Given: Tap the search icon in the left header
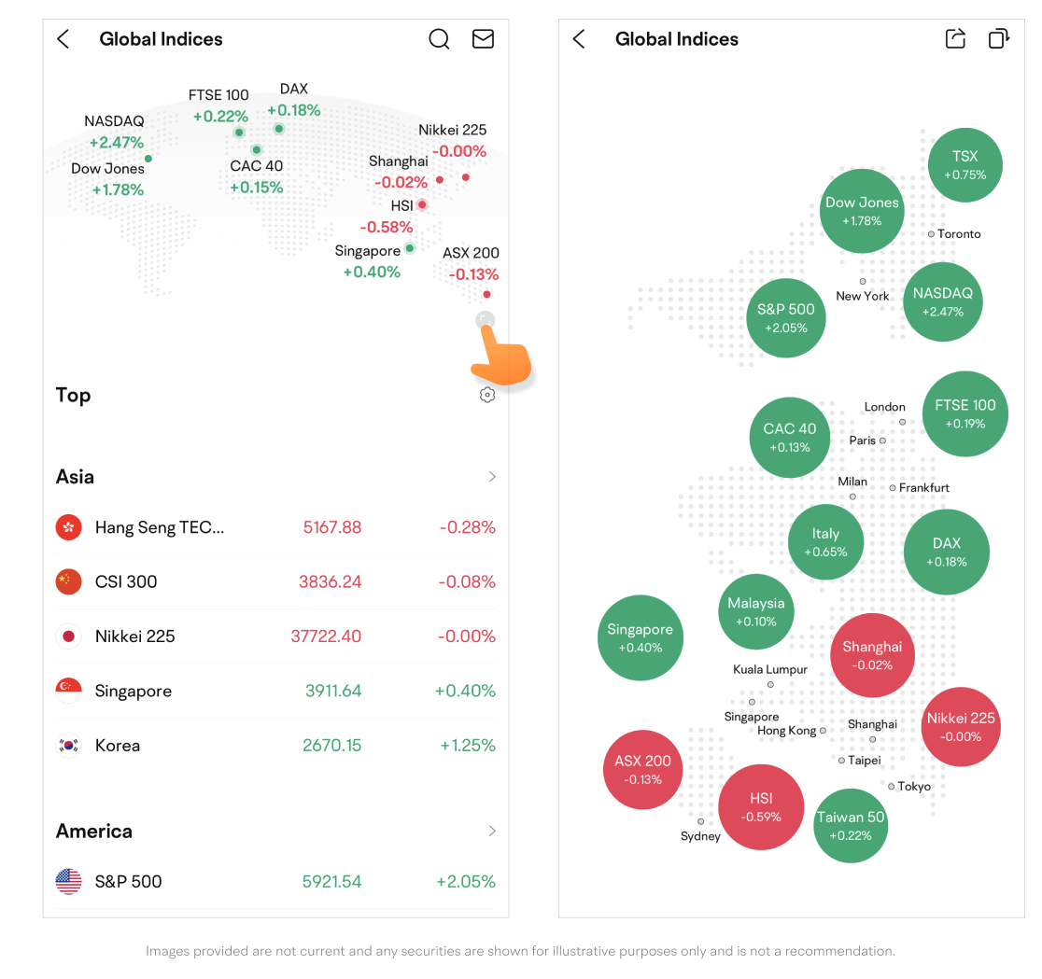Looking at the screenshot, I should [x=439, y=39].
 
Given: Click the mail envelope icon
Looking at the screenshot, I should [x=483, y=39].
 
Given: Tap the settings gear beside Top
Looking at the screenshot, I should [x=486, y=395].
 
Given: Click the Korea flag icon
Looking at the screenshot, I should [x=68, y=746].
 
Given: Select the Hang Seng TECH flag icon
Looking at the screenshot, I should [x=68, y=527].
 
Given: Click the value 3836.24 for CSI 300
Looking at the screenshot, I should [x=330, y=581].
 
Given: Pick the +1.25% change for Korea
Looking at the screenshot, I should [x=465, y=746].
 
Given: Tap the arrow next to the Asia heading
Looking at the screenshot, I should [x=492, y=477].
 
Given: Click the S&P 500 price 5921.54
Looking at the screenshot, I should [x=331, y=881].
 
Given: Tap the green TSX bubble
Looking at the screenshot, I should [x=965, y=165].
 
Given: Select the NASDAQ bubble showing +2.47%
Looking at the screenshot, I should [x=942, y=301].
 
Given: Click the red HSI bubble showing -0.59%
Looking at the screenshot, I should [x=761, y=807].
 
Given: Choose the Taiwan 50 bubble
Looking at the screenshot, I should [x=851, y=825].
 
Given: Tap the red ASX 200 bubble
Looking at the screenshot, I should [x=642, y=770].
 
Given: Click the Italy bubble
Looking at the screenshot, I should [x=825, y=542].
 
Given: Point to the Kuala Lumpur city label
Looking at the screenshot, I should [x=770, y=670].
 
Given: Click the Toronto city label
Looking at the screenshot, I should [x=959, y=234].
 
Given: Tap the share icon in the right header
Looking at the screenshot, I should [x=955, y=39].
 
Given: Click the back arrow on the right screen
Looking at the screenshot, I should [x=579, y=39].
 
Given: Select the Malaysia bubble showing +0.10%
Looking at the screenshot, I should [x=756, y=612].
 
